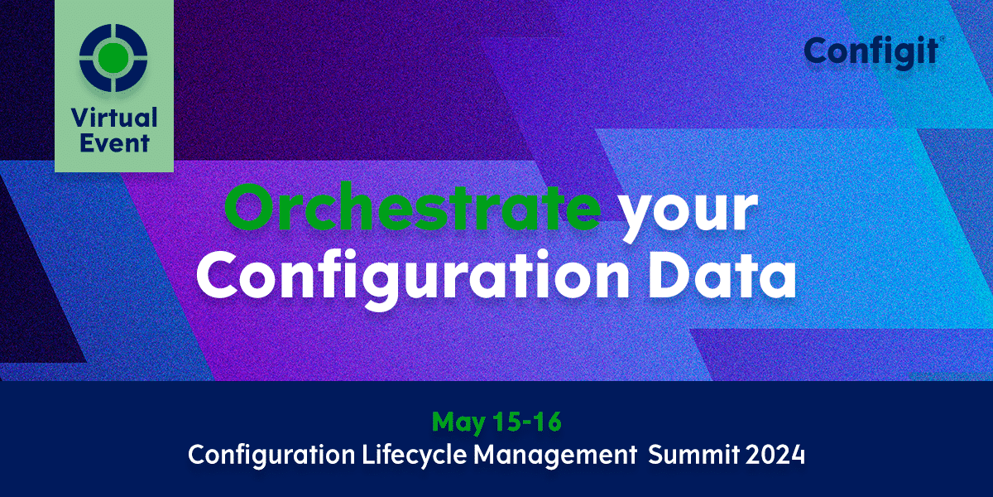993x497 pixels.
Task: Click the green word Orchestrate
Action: [x=412, y=210]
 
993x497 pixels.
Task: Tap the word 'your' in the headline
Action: [x=688, y=214]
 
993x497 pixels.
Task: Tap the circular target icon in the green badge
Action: [x=113, y=56]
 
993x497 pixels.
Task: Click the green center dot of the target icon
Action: [x=113, y=56]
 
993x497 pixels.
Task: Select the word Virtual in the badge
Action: [x=114, y=117]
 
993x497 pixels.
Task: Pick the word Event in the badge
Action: [x=114, y=142]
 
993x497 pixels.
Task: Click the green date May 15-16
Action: [x=496, y=422]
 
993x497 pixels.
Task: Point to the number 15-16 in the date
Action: [x=525, y=422]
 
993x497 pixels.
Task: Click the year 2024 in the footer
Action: [x=778, y=455]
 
